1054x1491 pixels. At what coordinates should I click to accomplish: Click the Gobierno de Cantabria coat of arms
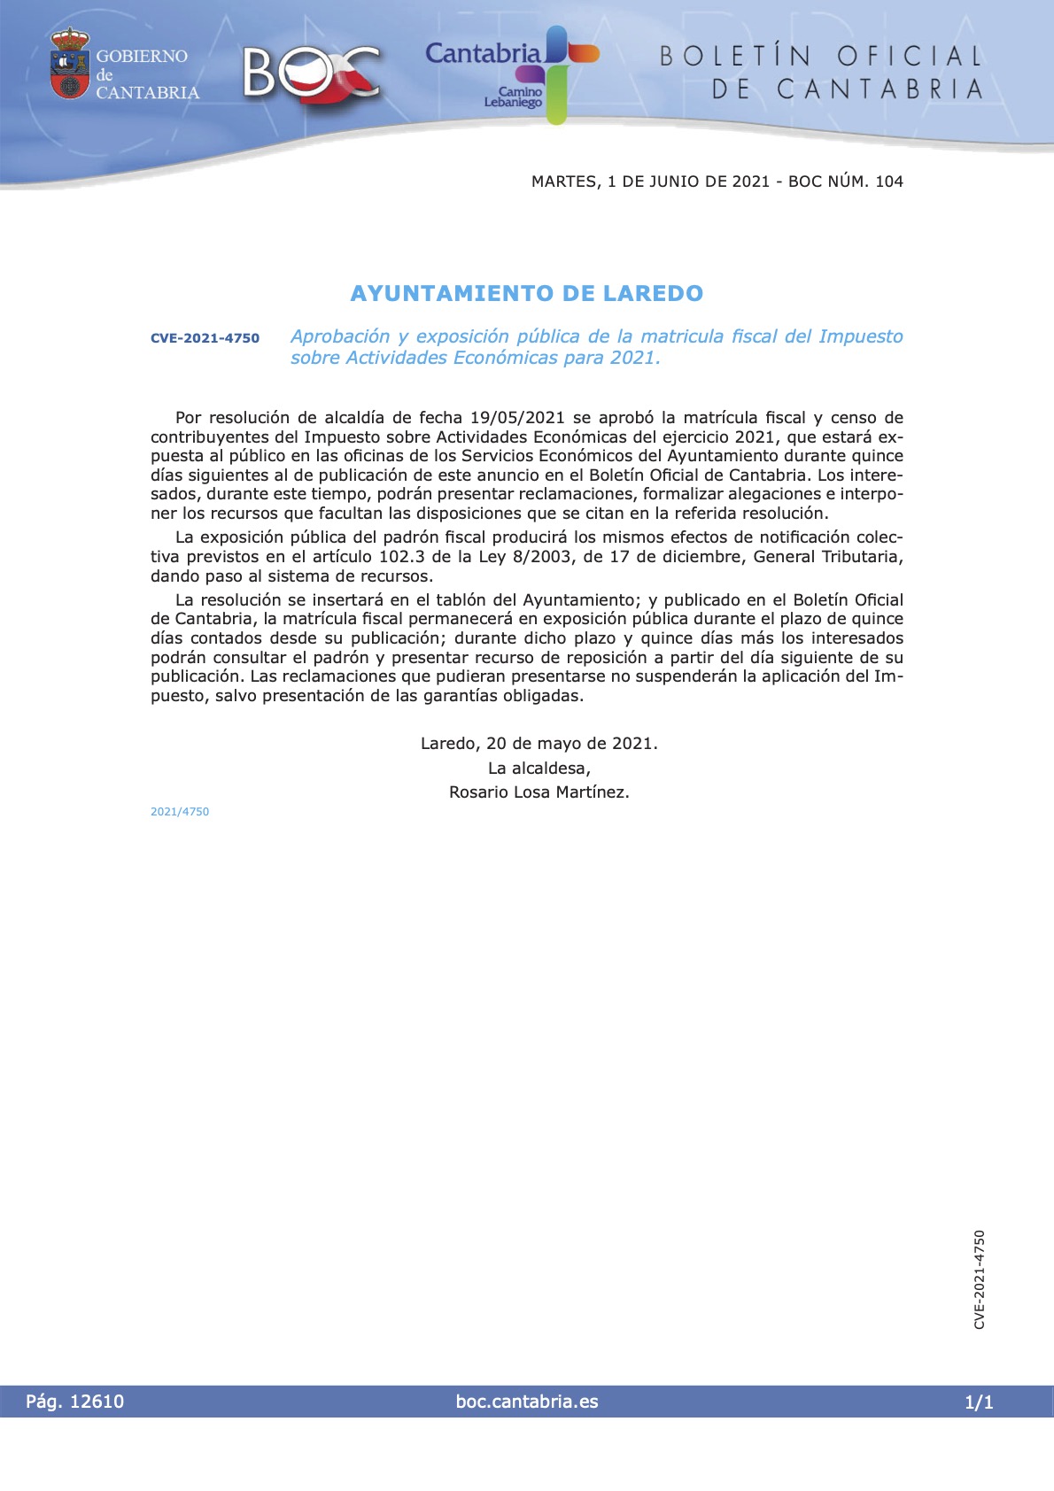[x=70, y=64]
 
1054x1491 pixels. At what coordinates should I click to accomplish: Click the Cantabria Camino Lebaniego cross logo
[x=555, y=73]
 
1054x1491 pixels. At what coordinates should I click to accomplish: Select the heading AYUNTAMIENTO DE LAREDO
[x=527, y=293]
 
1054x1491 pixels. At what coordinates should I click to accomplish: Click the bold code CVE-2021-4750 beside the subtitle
[x=205, y=338]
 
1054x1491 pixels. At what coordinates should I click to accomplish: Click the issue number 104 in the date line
[x=888, y=182]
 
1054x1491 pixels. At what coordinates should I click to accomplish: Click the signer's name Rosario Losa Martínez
[x=539, y=792]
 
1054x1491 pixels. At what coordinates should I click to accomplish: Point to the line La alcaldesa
[x=539, y=768]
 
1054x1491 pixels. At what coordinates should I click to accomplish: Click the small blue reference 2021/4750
[x=180, y=812]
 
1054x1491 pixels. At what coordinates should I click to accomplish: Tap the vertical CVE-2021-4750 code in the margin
[x=979, y=1279]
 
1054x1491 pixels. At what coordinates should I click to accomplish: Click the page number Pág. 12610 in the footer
[x=75, y=1402]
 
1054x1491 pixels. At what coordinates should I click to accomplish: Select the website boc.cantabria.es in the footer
[x=527, y=1402]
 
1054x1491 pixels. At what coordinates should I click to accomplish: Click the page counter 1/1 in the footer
[x=979, y=1402]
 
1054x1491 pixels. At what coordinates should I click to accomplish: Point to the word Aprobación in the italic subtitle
[x=340, y=336]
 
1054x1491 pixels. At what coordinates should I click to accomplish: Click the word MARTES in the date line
[x=563, y=182]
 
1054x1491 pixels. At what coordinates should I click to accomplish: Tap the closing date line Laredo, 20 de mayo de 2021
[x=539, y=744]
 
